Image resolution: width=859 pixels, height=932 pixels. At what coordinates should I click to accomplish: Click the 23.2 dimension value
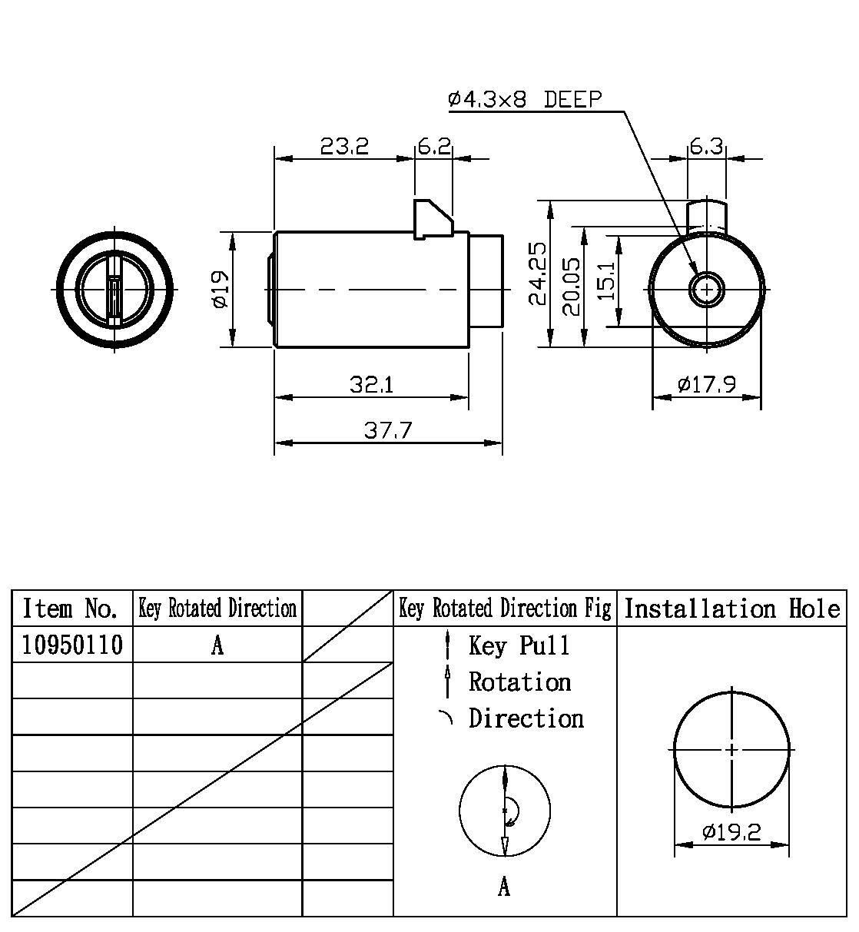click(x=344, y=145)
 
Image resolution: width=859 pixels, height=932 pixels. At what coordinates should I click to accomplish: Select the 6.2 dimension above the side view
click(x=433, y=145)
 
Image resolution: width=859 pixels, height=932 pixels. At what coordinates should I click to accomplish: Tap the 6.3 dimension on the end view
click(x=706, y=145)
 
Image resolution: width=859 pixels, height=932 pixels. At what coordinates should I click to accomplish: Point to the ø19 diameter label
click(x=220, y=290)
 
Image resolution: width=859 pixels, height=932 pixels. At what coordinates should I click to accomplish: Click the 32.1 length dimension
click(x=371, y=383)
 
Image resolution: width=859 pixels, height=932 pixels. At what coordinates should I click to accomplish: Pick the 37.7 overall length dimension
click(x=388, y=430)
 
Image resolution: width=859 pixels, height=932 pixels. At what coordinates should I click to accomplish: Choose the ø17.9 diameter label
click(x=707, y=383)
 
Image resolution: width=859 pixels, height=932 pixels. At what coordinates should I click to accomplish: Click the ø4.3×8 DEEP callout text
click(x=525, y=99)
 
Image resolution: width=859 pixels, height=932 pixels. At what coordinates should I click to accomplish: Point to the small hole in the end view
click(x=705, y=290)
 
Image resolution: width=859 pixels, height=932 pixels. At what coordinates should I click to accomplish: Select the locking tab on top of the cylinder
click(x=433, y=218)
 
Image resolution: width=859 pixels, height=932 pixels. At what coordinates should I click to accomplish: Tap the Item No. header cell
click(x=71, y=609)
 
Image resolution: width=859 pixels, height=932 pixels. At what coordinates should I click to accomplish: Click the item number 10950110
click(x=72, y=645)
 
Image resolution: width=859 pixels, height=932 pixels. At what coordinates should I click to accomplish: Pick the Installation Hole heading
click(x=731, y=609)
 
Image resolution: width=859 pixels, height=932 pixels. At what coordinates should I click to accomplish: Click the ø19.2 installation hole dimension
click(x=731, y=831)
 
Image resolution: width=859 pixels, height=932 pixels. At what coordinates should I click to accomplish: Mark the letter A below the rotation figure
click(x=503, y=887)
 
